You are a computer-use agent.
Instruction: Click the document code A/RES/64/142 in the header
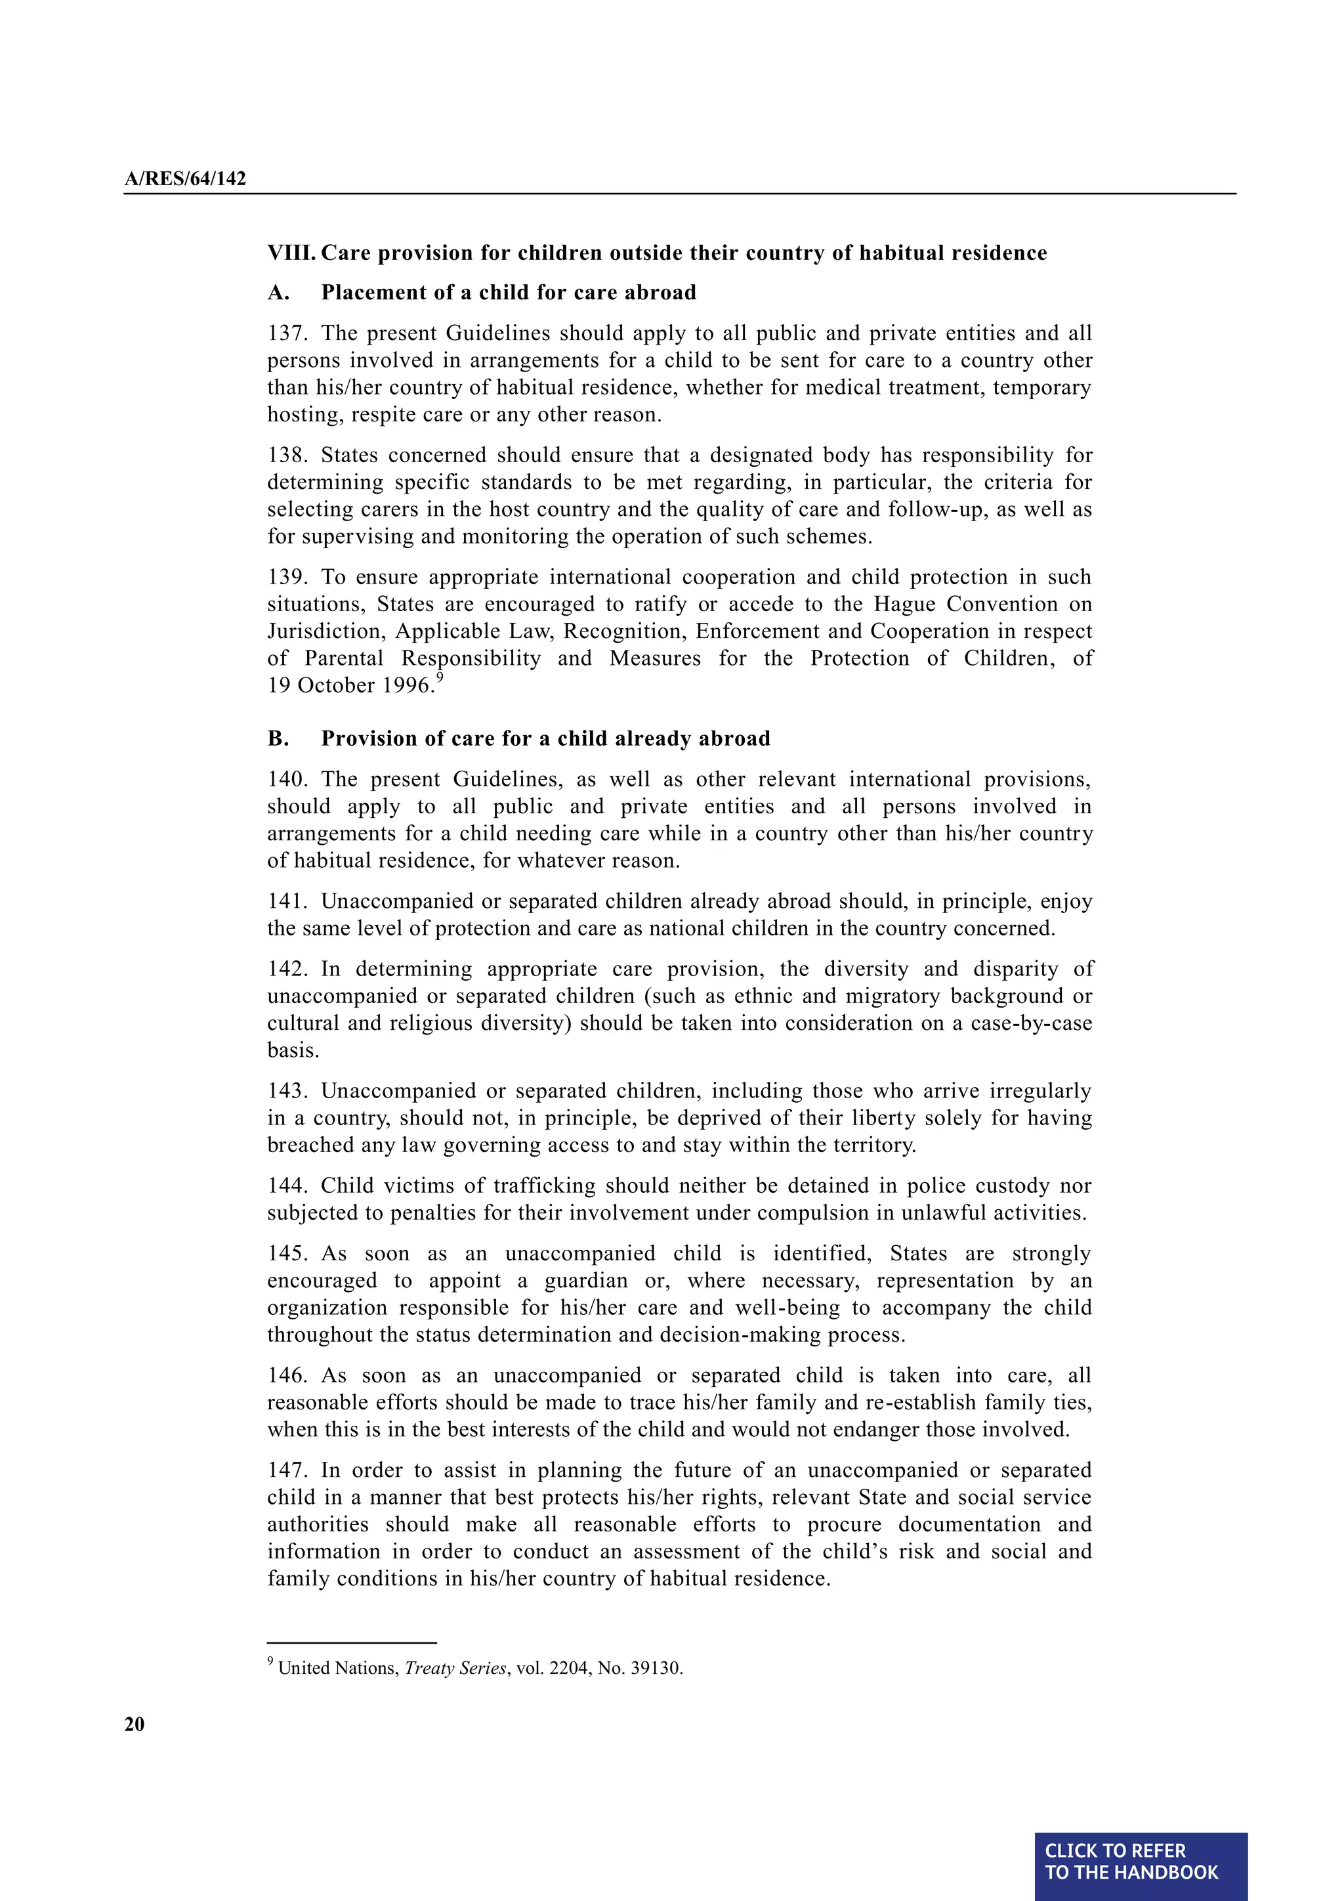pyautogui.click(x=185, y=179)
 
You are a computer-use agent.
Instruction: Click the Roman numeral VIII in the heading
pyautogui.click(x=291, y=253)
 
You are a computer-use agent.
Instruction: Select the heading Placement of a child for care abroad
pyautogui.click(x=508, y=293)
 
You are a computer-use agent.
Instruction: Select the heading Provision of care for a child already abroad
pyautogui.click(x=545, y=738)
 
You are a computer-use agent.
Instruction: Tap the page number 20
pyautogui.click(x=134, y=1724)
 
